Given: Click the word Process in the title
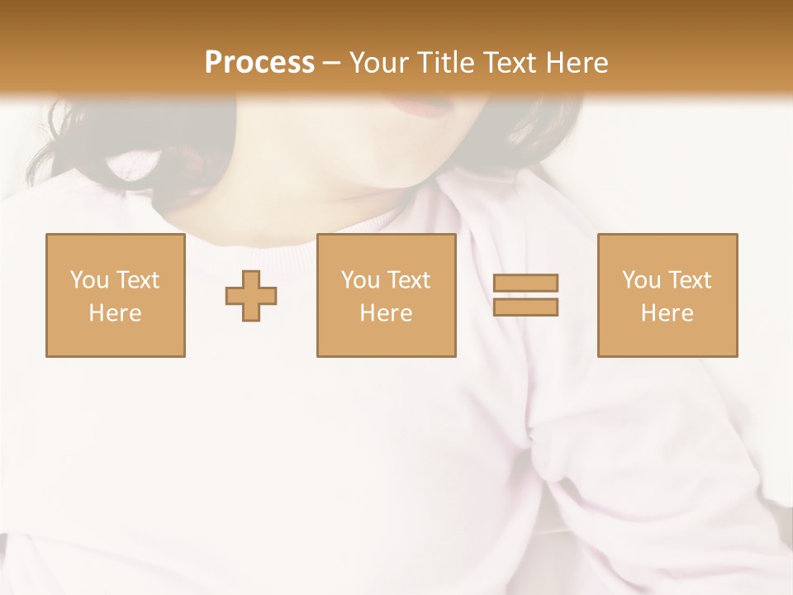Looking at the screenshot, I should [x=259, y=63].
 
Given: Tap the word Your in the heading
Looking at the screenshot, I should [x=379, y=63].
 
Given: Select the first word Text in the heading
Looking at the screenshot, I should [x=510, y=63].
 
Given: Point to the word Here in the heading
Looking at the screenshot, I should [x=577, y=63].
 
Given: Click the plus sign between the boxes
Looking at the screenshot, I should [x=251, y=296].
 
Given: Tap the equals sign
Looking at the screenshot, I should [x=525, y=295].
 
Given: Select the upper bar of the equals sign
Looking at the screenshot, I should [x=525, y=283].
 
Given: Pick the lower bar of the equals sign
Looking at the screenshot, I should [x=525, y=307].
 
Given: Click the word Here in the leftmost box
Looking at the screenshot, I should [x=116, y=313].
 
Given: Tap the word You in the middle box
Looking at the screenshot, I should [x=360, y=280].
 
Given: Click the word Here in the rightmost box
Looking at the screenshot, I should [x=667, y=313].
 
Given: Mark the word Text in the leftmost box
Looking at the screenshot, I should [x=138, y=280].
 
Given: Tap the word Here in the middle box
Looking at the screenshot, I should [x=387, y=313].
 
